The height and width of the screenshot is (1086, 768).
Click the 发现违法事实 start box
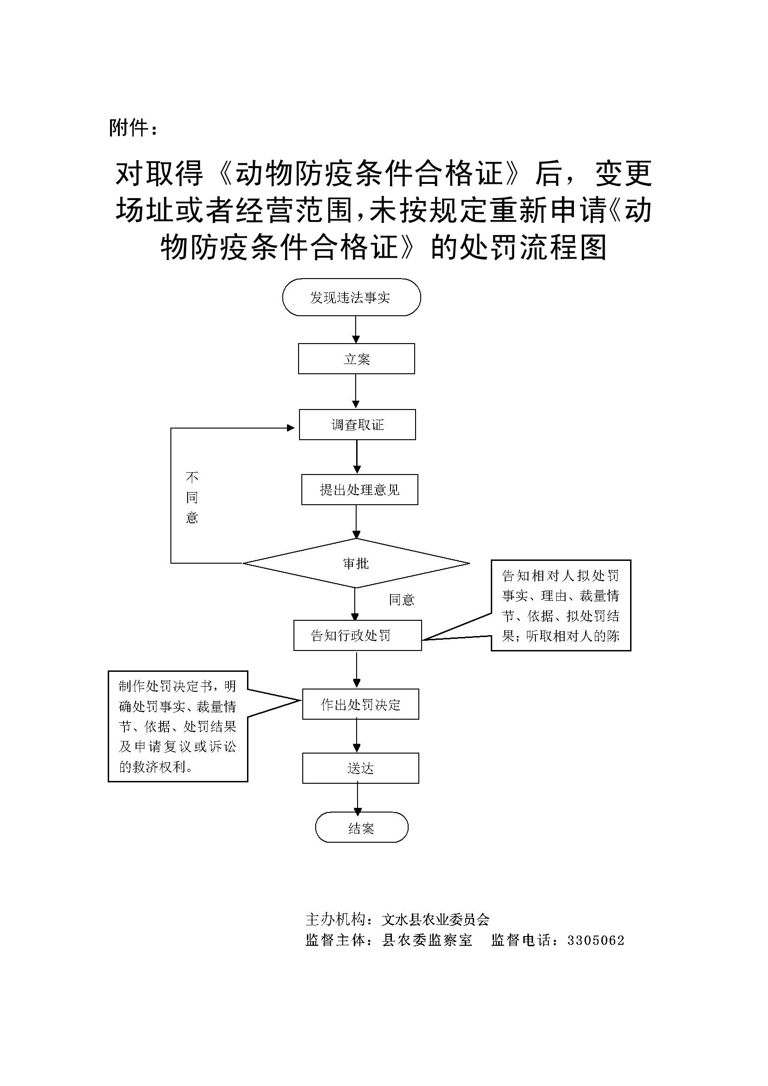point(351,297)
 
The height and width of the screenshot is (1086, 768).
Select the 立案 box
point(356,359)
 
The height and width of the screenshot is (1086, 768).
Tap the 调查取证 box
point(357,424)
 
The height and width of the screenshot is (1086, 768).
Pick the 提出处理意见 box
point(359,489)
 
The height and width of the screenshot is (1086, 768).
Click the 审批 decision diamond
point(356,563)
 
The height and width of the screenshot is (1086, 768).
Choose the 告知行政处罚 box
point(357,635)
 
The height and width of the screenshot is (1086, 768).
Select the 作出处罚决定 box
point(360,704)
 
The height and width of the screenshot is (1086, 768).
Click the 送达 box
point(360,768)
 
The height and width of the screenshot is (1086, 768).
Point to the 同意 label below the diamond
point(402,600)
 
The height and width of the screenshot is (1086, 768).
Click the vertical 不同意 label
point(191,497)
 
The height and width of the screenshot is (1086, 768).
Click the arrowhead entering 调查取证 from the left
point(291,428)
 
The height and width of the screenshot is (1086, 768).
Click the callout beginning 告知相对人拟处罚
point(561,605)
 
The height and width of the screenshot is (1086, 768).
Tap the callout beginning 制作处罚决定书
point(178,726)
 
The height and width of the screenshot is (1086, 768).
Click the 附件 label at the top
point(133,128)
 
